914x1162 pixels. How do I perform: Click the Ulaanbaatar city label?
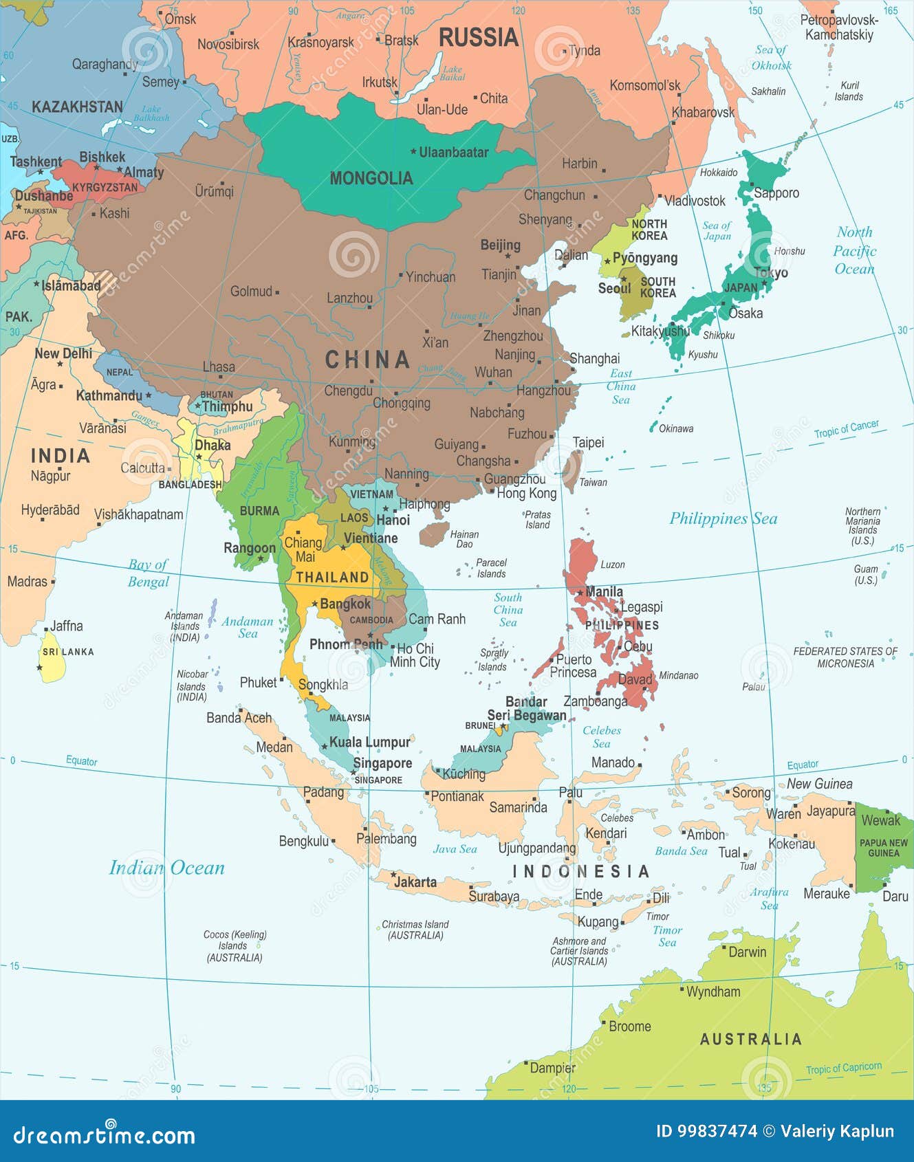tap(454, 152)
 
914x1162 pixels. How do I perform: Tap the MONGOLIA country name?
tap(371, 179)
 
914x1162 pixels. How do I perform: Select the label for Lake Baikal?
tap(453, 73)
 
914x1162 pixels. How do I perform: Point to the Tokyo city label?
tap(771, 273)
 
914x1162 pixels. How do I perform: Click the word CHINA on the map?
tap(367, 359)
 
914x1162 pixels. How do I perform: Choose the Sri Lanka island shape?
tap(52, 664)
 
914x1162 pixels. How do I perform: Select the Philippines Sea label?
tap(723, 518)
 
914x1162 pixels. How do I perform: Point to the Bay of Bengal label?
tap(148, 573)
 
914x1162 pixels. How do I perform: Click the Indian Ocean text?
tap(167, 868)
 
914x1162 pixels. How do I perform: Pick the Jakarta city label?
tap(415, 881)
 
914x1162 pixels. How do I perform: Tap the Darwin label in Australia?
tap(747, 952)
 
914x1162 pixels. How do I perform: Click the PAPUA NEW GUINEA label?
tap(883, 848)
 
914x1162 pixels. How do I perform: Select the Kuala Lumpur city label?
tap(369, 742)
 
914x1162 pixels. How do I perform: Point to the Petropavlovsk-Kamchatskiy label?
tap(839, 28)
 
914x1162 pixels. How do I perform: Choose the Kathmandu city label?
tap(109, 395)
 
